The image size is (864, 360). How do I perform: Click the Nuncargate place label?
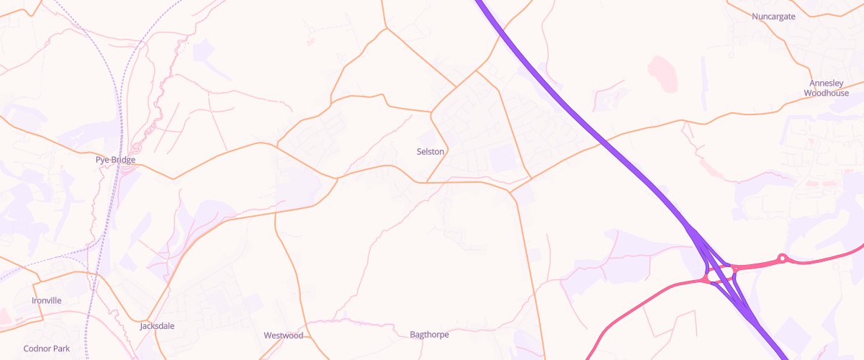tap(773, 17)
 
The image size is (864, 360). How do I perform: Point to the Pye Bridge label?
tap(115, 160)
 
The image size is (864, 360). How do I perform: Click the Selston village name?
tap(431, 152)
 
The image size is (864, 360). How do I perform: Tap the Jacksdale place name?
tap(157, 326)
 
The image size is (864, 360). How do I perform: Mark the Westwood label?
tap(283, 336)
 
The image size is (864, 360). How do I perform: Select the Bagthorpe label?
tap(429, 335)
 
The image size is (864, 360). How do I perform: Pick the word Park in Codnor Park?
tap(62, 348)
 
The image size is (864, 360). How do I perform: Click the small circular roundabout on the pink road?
tap(782, 258)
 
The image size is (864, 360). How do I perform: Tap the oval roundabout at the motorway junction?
tap(720, 275)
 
